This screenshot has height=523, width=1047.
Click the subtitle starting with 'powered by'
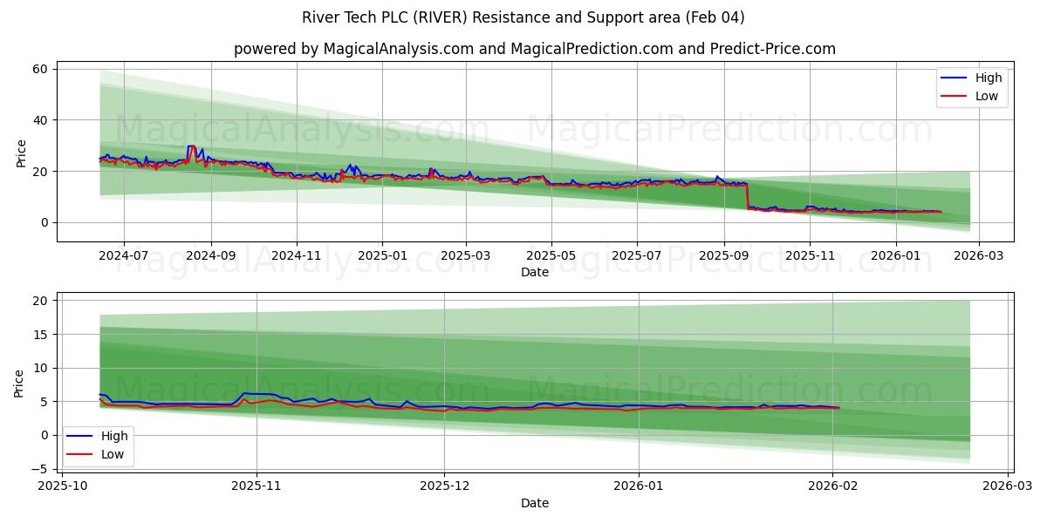(534, 49)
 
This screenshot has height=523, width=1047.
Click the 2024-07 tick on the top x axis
(123, 256)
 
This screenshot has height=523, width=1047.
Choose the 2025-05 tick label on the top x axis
(551, 256)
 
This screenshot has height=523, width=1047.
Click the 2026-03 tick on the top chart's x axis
(979, 256)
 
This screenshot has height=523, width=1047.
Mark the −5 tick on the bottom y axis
(38, 469)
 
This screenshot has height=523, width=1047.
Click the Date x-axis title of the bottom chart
(534, 503)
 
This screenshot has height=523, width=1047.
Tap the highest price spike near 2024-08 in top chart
(191, 146)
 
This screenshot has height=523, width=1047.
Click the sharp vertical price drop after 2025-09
(748, 196)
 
